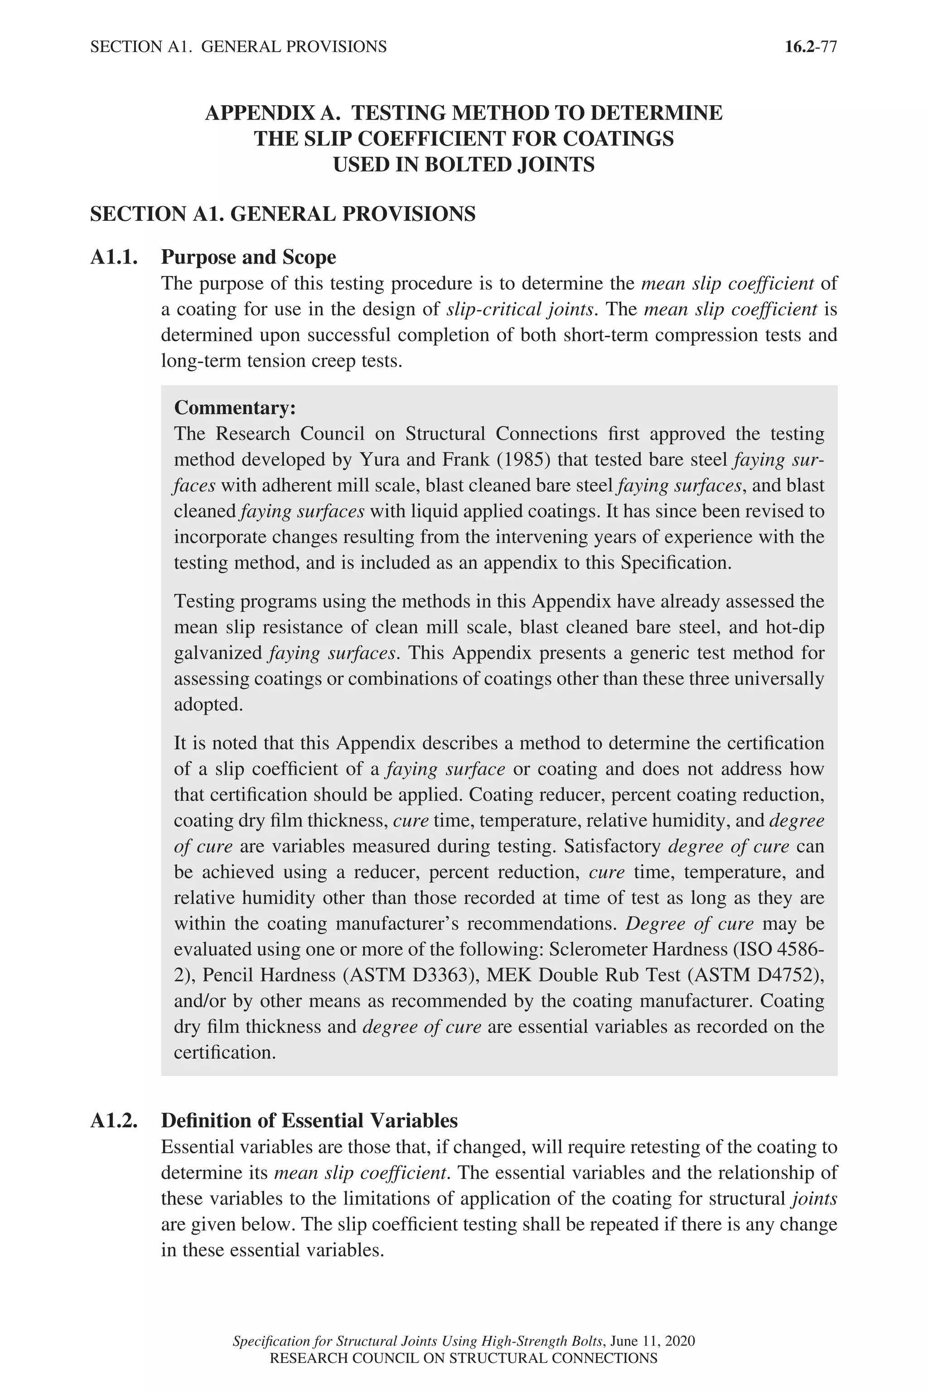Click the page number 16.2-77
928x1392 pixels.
coord(810,47)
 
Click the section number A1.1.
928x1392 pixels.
coord(114,257)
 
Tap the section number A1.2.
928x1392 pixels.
coord(114,1120)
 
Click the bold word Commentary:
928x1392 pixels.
coord(234,408)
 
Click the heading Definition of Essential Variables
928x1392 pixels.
coord(309,1120)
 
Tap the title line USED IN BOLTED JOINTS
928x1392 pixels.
coord(464,164)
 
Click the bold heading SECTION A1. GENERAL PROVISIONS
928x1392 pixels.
coord(282,214)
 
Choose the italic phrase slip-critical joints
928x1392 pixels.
coord(520,309)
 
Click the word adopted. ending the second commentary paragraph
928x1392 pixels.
coord(208,704)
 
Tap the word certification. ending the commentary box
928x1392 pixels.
coord(224,1052)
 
